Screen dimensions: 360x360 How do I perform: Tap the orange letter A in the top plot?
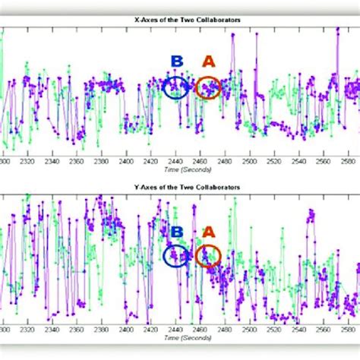click(207, 62)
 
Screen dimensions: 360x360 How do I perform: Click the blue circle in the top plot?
click(175, 88)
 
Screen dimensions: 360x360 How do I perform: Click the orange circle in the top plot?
click(208, 88)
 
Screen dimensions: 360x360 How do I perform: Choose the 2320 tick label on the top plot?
click(27, 162)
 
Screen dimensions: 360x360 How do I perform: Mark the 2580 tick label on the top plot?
click(346, 162)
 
